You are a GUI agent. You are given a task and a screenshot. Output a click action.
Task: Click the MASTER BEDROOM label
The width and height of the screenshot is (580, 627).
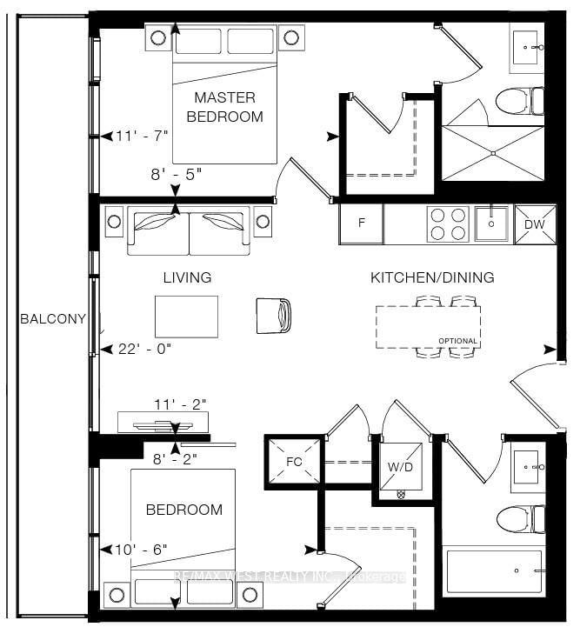click(x=228, y=106)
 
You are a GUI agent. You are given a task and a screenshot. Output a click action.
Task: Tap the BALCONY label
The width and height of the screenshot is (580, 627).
click(x=53, y=318)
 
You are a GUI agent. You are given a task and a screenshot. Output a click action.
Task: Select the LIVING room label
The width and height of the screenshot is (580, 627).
click(x=187, y=277)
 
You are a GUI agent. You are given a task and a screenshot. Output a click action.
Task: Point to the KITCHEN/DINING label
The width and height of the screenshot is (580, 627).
click(x=432, y=277)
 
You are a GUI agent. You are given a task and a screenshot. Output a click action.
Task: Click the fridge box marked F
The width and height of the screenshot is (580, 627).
click(x=362, y=223)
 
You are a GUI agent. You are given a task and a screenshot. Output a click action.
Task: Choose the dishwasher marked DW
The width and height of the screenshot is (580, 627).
click(x=534, y=223)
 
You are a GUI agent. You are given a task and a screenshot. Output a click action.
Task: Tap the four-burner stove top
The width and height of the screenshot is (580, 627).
click(x=447, y=223)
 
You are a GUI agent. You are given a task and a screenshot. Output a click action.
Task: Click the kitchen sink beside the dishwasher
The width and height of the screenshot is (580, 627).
click(x=492, y=223)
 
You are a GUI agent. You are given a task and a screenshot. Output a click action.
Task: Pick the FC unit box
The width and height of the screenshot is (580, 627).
click(x=293, y=461)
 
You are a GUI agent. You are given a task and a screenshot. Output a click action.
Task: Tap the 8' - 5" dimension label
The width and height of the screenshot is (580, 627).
click(x=176, y=173)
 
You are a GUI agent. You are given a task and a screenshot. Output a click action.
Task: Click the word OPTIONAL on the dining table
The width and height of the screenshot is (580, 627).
click(x=457, y=341)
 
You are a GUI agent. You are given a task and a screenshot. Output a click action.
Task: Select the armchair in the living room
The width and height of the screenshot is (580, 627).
click(x=274, y=315)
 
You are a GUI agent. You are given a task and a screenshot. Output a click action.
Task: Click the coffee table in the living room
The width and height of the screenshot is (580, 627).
click(x=186, y=316)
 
